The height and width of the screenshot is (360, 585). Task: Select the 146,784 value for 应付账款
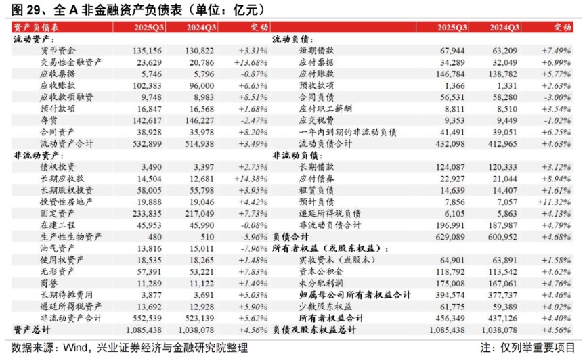(452, 74)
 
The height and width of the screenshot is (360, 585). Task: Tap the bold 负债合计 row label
(290, 237)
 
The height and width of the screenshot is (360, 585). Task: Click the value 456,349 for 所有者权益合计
(452, 317)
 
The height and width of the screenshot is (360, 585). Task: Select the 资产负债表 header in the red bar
(37, 27)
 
